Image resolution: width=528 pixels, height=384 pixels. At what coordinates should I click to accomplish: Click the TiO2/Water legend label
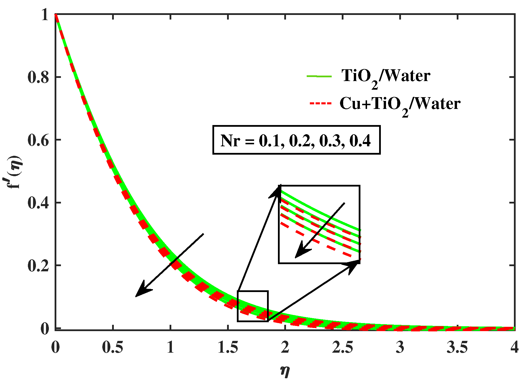pos(386,77)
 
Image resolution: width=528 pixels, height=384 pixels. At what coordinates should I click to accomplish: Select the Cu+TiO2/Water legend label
pos(400,104)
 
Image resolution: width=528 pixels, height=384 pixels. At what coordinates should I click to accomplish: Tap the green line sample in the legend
pos(319,76)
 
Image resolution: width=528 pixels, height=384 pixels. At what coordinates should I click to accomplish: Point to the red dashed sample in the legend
pos(320,103)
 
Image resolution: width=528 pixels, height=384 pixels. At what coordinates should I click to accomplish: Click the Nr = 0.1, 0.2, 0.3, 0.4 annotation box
pos(296,140)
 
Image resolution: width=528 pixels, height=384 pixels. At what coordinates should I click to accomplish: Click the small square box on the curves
pos(253,306)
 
